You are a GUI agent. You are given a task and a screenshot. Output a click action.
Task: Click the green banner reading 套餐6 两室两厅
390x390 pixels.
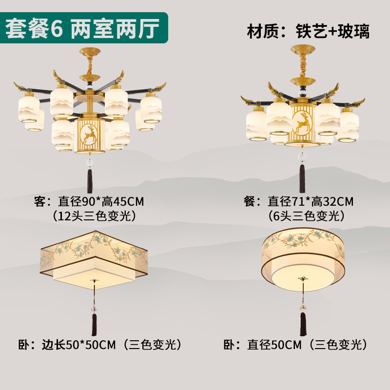click(84, 28)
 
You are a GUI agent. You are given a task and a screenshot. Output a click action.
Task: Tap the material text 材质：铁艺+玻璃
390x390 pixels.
click(309, 31)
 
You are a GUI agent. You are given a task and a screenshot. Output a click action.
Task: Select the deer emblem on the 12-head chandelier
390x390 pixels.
click(89, 135)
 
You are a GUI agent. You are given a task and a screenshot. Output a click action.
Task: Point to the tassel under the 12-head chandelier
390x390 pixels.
click(90, 181)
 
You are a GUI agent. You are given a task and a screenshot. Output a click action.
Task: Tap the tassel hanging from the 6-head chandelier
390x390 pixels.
click(302, 178)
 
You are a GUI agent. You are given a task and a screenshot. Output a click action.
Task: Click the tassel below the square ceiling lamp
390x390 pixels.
click(94, 325)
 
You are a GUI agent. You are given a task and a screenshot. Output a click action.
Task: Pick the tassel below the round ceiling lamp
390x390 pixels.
click(303, 324)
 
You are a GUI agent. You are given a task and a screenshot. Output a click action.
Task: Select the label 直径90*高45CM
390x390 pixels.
click(101, 201)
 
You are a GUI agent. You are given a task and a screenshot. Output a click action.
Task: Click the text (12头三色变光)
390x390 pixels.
click(94, 215)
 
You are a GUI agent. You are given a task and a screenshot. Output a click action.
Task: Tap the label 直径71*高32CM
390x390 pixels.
click(311, 201)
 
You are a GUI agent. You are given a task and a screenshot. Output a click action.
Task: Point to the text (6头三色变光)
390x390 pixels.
click(307, 215)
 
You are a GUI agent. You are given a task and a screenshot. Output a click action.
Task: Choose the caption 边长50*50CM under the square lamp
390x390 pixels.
click(79, 345)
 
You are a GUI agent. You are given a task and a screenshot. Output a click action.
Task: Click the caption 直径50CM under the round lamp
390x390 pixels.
click(274, 345)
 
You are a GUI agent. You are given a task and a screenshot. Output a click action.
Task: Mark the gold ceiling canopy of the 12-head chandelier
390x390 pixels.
click(90, 52)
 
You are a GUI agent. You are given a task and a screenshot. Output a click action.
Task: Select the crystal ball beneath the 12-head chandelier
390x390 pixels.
click(90, 163)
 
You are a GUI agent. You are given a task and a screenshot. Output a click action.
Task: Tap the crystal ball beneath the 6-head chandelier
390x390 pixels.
click(302, 157)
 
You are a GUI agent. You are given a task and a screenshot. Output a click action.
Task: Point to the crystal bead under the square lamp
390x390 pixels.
click(94, 309)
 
